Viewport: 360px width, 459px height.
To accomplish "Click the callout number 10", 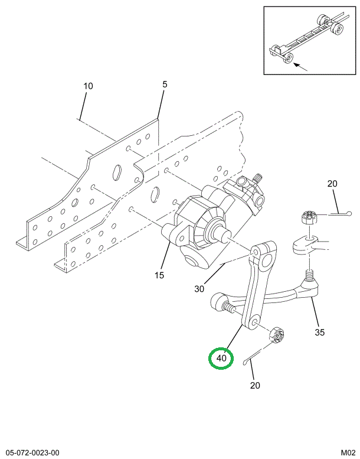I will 88,86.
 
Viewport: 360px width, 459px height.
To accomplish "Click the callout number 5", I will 165,84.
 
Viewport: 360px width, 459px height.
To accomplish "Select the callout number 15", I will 160,275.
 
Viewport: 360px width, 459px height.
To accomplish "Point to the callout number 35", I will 319,332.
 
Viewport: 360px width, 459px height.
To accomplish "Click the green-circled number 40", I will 221,358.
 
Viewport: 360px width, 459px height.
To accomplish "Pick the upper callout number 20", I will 332,184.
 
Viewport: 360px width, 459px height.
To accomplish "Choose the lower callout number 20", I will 255,386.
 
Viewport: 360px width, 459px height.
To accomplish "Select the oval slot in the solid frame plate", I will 117,171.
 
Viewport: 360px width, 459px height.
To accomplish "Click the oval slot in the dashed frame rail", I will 157,193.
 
